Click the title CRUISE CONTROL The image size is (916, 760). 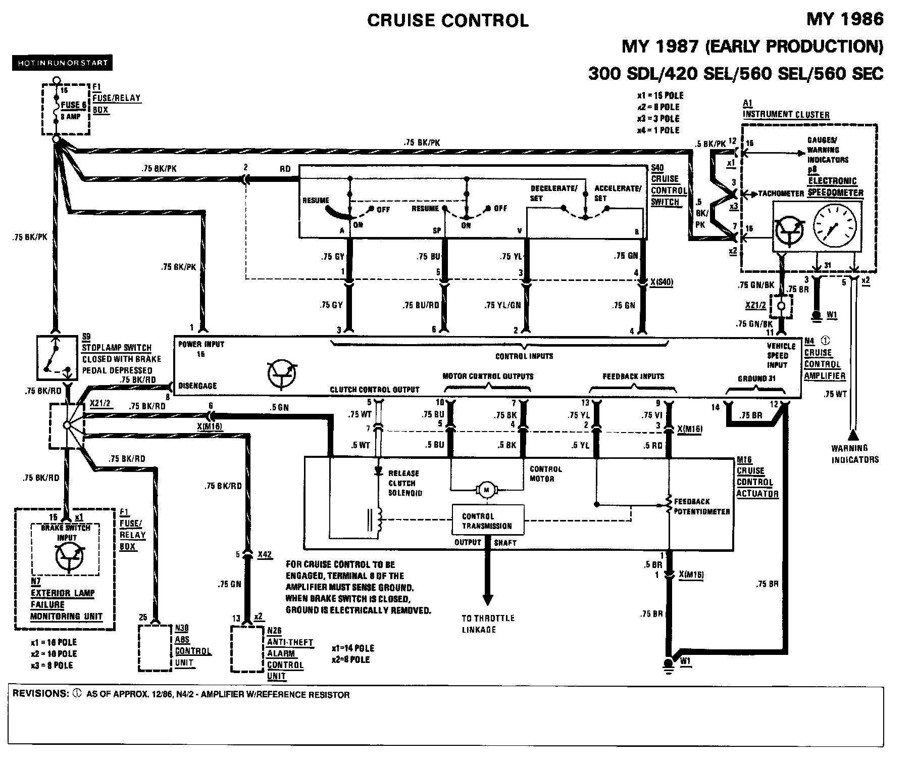click(x=447, y=21)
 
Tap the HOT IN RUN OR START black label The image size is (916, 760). click(x=63, y=63)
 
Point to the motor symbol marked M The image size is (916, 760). click(x=487, y=489)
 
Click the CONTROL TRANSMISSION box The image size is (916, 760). click(x=487, y=520)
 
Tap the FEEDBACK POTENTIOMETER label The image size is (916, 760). click(x=702, y=506)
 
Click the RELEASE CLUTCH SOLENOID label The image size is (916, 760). click(x=405, y=483)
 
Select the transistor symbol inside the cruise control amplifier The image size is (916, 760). click(x=282, y=374)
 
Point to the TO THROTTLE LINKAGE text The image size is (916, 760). click(x=488, y=624)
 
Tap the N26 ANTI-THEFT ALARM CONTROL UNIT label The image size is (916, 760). click(x=290, y=653)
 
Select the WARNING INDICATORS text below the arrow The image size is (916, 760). click(x=855, y=454)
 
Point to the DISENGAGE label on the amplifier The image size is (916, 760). click(x=197, y=386)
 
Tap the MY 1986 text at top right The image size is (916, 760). click(x=845, y=19)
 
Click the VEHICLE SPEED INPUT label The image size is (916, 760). click(x=781, y=355)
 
